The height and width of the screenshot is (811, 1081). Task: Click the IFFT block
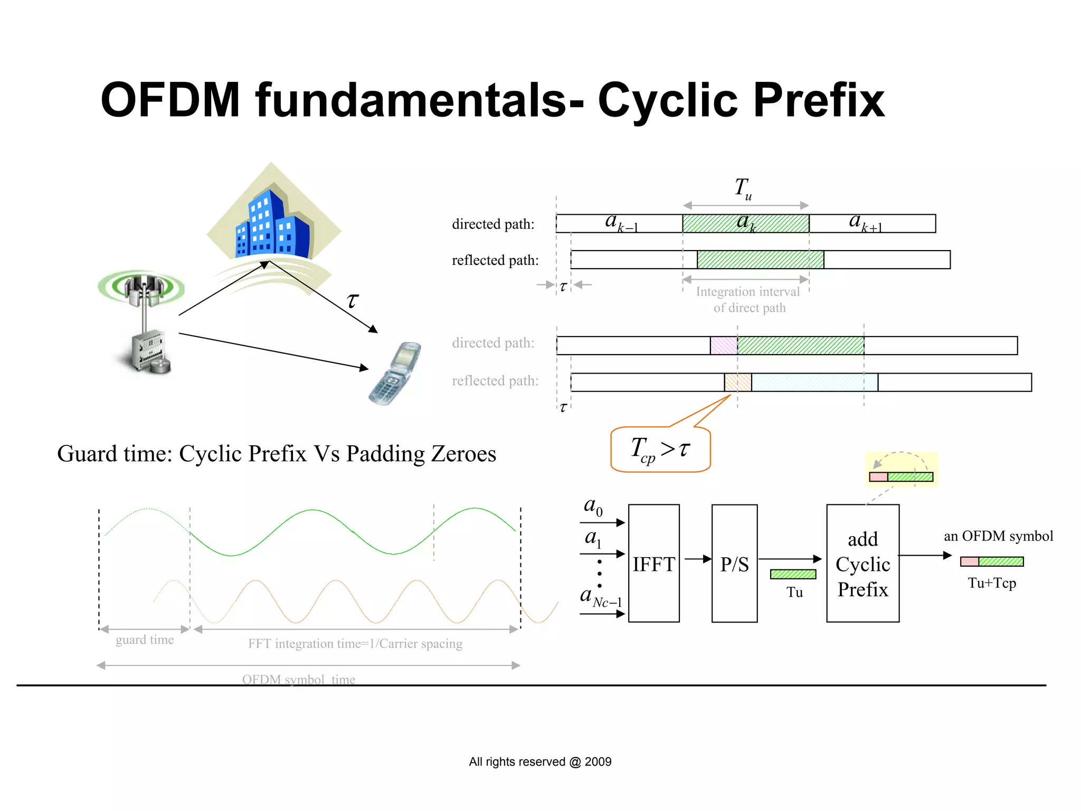coord(653,563)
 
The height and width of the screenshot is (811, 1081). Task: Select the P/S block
coord(734,563)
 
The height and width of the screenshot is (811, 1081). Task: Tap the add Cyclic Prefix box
coord(862,563)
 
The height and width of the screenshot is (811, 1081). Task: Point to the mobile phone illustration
coord(395,373)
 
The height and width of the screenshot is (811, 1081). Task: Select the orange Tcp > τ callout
coord(660,450)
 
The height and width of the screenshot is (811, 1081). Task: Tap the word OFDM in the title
coord(170,100)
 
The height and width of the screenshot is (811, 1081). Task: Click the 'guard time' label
coord(145,640)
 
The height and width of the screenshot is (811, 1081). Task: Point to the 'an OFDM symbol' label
coord(998,536)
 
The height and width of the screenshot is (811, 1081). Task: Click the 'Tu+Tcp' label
coord(992,583)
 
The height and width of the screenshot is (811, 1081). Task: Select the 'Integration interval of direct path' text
coord(748,300)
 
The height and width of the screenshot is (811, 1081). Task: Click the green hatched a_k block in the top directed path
coord(745,223)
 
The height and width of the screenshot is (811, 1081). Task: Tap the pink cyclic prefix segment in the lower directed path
coord(724,346)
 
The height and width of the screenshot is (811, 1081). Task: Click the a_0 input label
coord(593,507)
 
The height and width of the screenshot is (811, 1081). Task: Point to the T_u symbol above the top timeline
coord(743,188)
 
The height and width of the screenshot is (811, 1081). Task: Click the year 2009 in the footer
coord(598,762)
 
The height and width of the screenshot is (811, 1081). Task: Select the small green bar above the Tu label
coord(793,574)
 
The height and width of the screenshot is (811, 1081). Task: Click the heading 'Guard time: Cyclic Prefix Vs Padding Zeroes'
coord(277,454)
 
